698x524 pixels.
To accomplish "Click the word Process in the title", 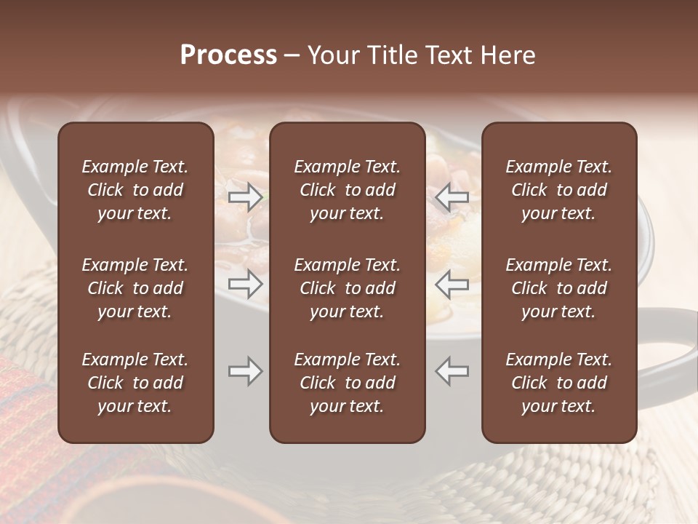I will click(228, 55).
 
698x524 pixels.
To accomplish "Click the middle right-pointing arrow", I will click(245, 284).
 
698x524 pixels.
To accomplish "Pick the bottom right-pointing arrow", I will click(245, 371).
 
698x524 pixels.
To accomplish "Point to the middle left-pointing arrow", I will click(452, 284).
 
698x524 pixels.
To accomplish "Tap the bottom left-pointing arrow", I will click(452, 371).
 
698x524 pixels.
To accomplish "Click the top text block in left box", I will click(135, 190).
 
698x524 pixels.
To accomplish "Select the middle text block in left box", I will click(135, 288).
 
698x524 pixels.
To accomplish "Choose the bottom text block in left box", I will click(135, 383).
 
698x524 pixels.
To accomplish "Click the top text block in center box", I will click(348, 190).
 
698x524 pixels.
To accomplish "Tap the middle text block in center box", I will click(348, 288).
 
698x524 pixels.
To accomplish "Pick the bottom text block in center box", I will click(348, 383).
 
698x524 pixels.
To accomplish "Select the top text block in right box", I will click(559, 190).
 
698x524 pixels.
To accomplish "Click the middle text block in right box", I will click(559, 288).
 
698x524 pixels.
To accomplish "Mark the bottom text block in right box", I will click(559, 383).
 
